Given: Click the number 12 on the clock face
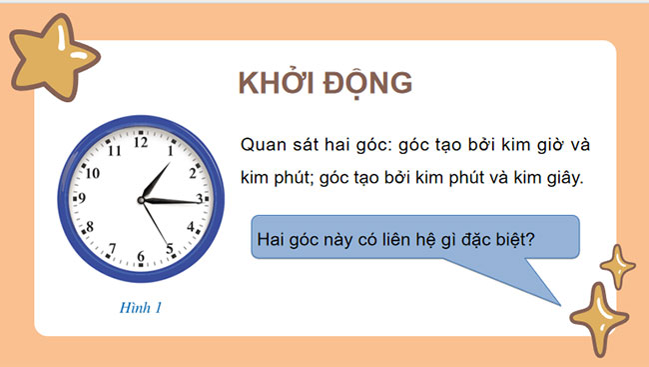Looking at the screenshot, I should [x=141, y=143].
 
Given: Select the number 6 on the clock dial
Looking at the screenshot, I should [x=142, y=258].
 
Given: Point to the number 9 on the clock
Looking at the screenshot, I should [x=82, y=198].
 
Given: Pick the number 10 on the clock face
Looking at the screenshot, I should [x=92, y=172].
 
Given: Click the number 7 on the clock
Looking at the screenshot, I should [x=112, y=248].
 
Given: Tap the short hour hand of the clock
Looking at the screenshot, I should [x=155, y=182].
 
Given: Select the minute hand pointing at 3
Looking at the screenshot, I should [x=174, y=201].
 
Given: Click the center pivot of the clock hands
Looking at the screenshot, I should [x=143, y=200].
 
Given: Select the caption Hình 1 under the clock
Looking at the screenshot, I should [x=139, y=308].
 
